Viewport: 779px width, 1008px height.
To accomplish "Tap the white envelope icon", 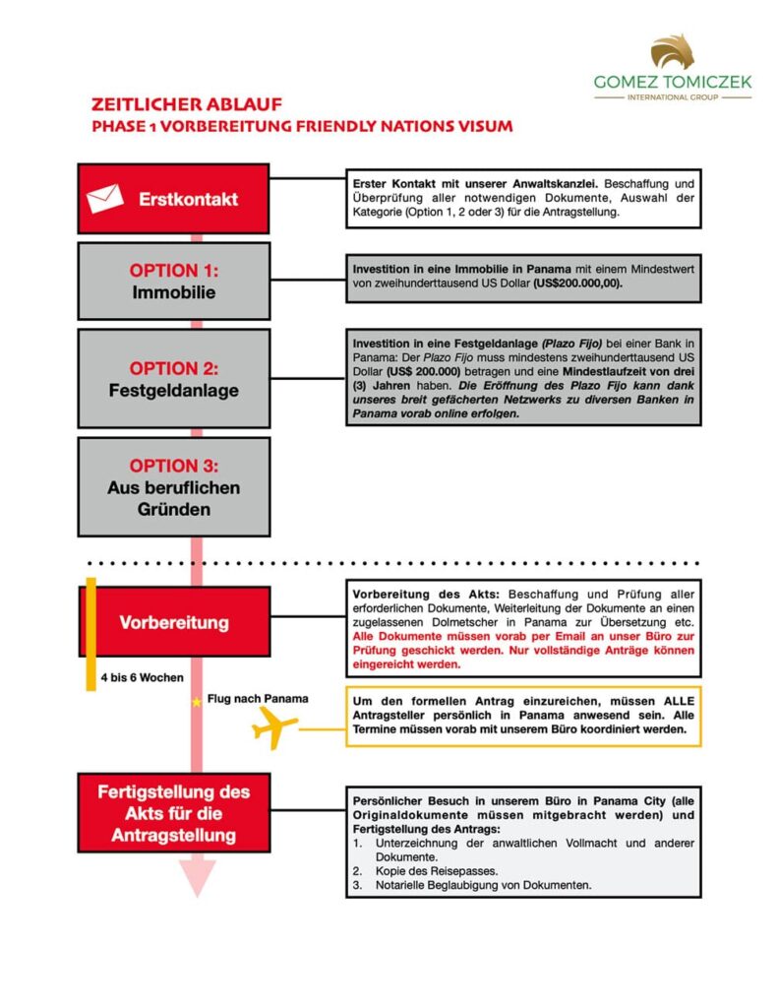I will tap(105, 199).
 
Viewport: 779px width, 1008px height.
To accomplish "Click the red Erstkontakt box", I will tap(173, 199).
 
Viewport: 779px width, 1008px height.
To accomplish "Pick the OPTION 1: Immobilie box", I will tap(173, 281).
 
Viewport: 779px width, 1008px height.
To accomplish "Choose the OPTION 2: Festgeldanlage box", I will tap(173, 379).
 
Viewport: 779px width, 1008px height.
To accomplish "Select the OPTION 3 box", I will tap(173, 487).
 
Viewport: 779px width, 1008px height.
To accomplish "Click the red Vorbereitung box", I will tap(173, 622).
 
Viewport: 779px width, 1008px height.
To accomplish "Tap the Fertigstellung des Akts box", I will tap(173, 814).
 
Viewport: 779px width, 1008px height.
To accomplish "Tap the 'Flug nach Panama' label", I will tap(258, 699).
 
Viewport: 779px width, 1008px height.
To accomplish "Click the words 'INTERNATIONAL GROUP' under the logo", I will tap(673, 98).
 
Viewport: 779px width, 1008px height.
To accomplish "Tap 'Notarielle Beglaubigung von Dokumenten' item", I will tap(483, 886).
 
